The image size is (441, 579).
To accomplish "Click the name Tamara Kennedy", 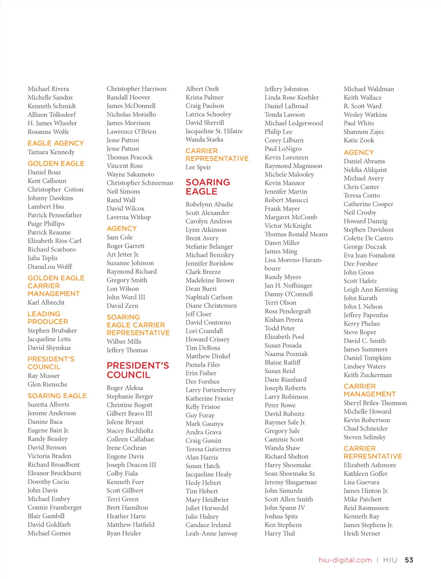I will (x=51, y=152).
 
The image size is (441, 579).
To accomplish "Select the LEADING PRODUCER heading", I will (x=48, y=318).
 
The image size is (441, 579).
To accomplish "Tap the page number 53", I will (x=409, y=560).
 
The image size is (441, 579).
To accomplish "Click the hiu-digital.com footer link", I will (x=345, y=560).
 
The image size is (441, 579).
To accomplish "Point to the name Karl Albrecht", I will (x=46, y=302).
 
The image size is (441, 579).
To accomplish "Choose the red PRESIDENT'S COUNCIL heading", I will (x=137, y=370).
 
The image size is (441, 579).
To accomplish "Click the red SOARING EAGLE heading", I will (x=208, y=187).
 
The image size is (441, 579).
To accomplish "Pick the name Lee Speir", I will (x=198, y=167).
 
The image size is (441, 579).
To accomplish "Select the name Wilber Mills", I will (x=124, y=342).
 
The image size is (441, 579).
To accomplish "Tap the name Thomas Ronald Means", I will (x=296, y=234).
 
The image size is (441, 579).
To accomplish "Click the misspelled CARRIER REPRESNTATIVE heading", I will (x=373, y=452).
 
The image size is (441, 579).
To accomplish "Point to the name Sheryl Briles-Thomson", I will (x=375, y=403).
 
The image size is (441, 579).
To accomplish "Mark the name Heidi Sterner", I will (x=362, y=533).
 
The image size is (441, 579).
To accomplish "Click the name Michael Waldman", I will (x=369, y=89).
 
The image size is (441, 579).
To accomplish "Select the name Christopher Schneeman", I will (x=140, y=183).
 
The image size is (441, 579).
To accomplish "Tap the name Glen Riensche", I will (x=47, y=384).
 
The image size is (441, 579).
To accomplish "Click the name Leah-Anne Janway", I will (x=211, y=533).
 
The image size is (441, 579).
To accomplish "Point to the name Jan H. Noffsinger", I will (x=288, y=286).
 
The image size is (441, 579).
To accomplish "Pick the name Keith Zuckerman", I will (x=368, y=375).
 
